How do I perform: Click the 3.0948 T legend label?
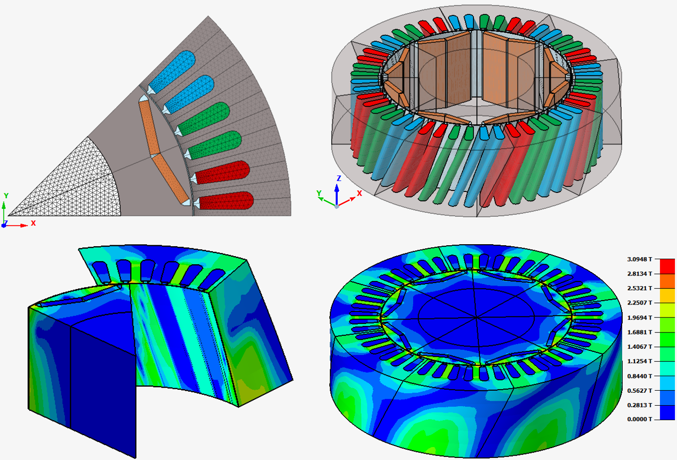click(640, 259)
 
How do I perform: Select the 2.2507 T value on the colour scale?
click(640, 303)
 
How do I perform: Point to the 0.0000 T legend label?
click(640, 419)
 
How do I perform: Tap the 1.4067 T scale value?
click(640, 346)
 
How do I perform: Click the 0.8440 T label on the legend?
click(640, 376)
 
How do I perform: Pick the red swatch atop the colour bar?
click(668, 266)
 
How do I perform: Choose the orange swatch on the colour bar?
click(668, 281)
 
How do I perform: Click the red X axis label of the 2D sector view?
click(33, 223)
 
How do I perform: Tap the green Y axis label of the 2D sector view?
click(6, 196)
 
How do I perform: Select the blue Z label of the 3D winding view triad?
click(339, 178)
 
